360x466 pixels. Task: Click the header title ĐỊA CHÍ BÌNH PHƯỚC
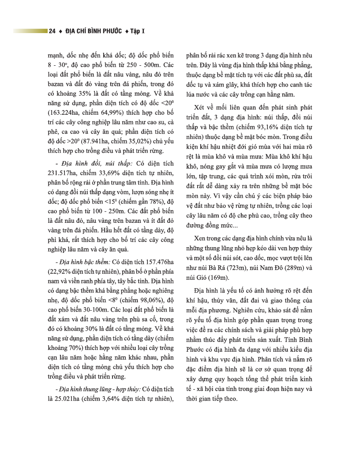93,31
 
